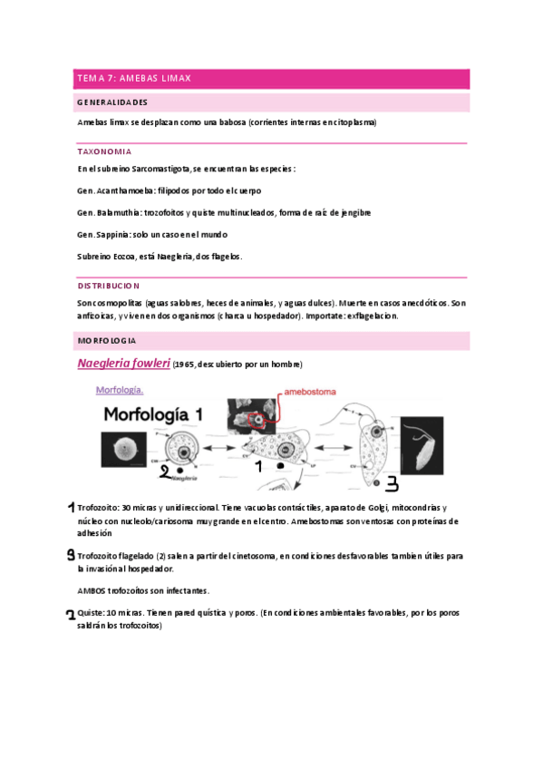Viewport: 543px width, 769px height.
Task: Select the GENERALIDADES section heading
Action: [x=112, y=102]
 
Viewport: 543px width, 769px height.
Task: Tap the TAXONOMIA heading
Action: [x=104, y=151]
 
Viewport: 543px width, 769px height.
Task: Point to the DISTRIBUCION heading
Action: [x=109, y=285]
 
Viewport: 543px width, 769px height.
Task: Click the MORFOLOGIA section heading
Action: [x=107, y=340]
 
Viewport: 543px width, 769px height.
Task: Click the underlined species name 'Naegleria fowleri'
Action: [x=123, y=364]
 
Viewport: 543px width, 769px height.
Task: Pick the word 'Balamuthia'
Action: [x=118, y=212]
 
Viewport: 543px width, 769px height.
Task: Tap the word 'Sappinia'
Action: [x=113, y=234]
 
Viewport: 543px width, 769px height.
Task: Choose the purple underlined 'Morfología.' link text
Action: [x=120, y=391]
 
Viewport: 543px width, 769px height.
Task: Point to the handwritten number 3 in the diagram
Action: [x=393, y=482]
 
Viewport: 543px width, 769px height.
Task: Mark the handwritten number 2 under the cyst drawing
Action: [x=166, y=473]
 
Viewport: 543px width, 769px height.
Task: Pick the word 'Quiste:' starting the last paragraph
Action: [x=91, y=612]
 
